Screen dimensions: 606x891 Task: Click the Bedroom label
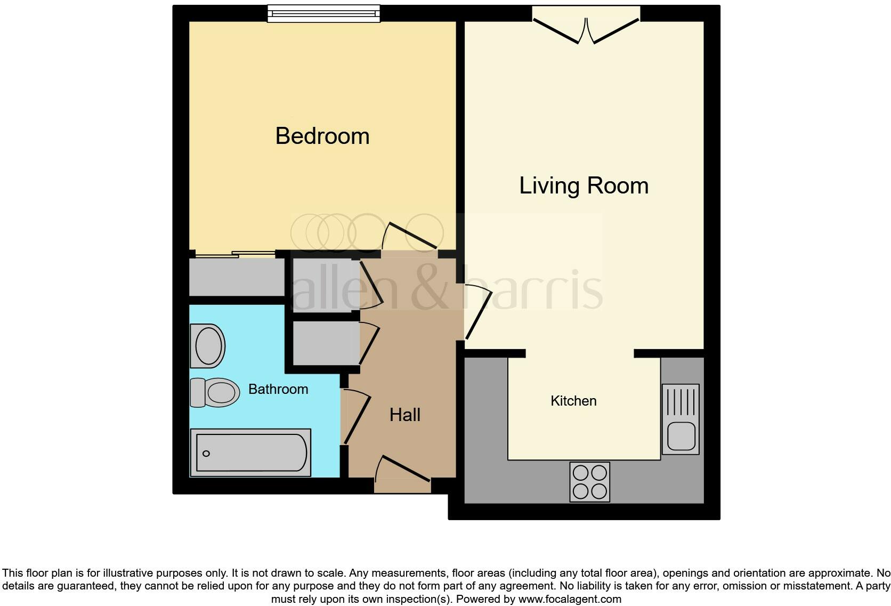click(x=322, y=136)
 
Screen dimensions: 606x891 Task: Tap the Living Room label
click(x=584, y=186)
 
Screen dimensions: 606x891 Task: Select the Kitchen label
click(x=573, y=401)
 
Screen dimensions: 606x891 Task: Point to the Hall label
click(x=404, y=415)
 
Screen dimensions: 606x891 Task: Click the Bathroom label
click(x=278, y=389)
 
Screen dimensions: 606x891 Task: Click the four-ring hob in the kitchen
click(x=589, y=482)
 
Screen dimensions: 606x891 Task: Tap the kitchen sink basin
click(x=681, y=436)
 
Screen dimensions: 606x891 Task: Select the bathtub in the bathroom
click(x=250, y=453)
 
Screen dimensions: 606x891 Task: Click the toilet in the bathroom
click(x=216, y=392)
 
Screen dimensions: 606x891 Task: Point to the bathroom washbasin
click(x=208, y=346)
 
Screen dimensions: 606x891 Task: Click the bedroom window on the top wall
click(x=323, y=13)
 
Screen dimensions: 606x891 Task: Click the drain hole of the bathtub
click(x=206, y=454)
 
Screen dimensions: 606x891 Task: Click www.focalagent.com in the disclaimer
click(x=569, y=599)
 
